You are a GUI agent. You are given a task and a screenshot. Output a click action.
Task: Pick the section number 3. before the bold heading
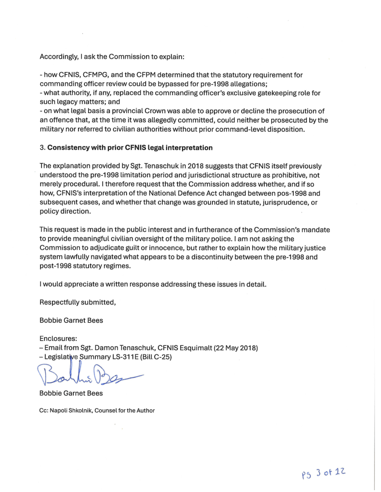42,147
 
